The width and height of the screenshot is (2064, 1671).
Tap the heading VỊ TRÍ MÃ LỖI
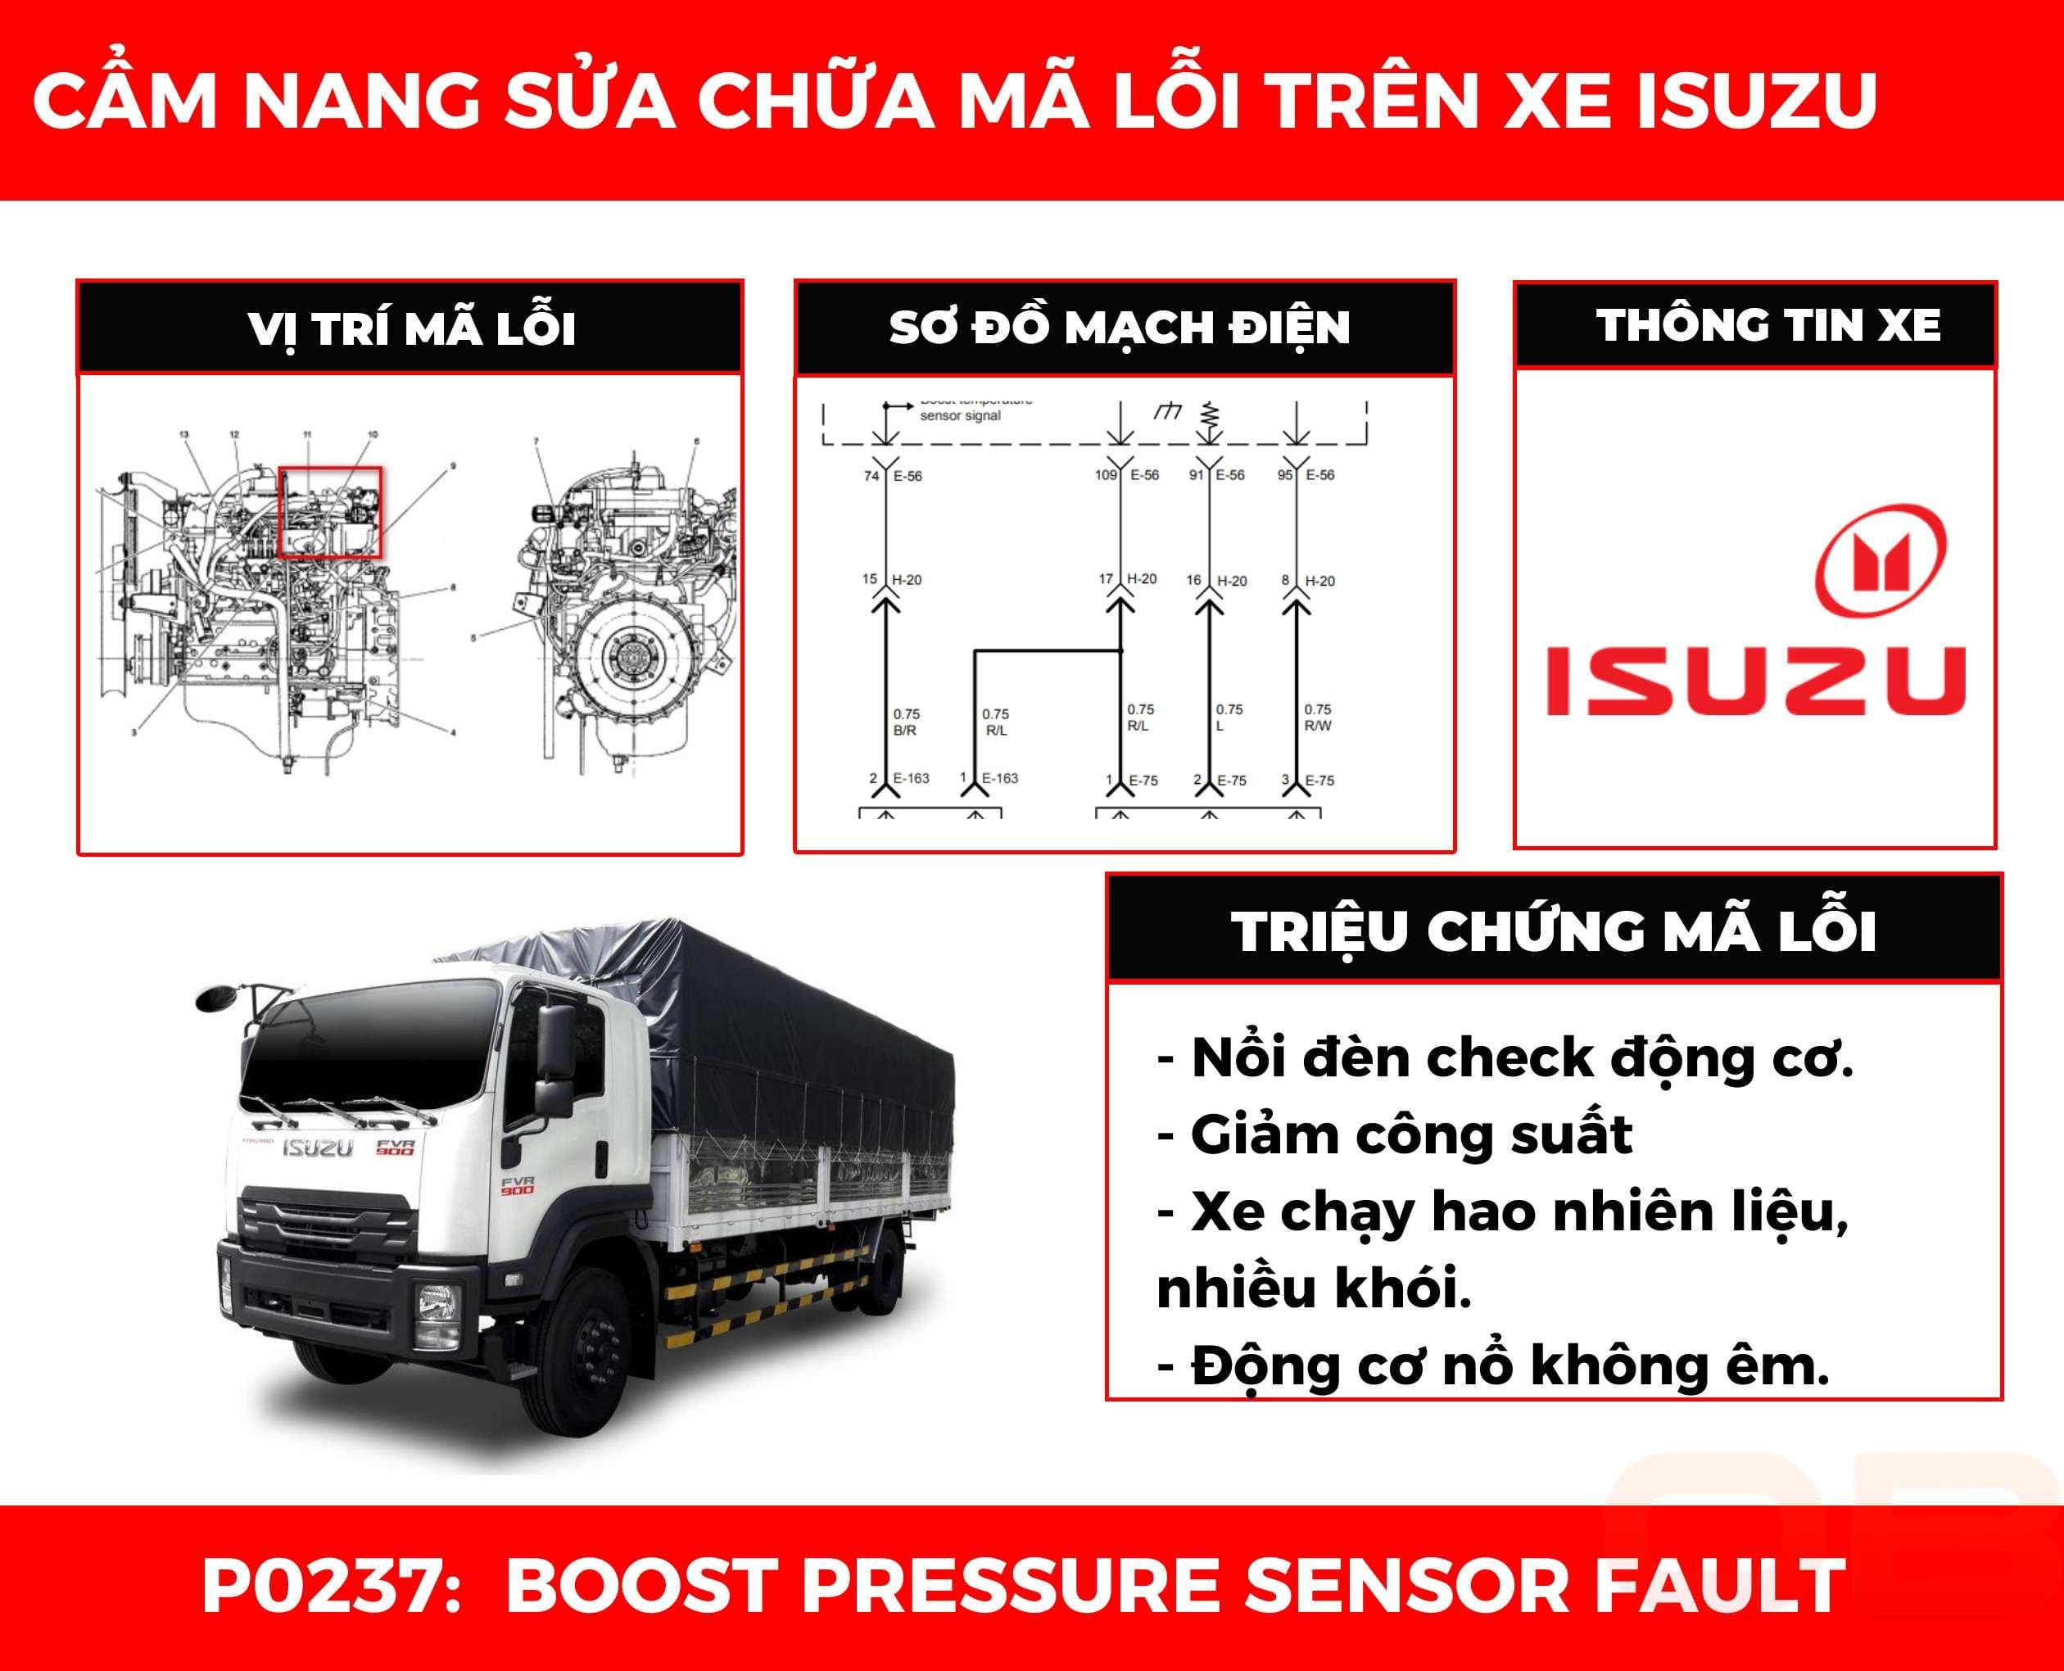[x=412, y=328]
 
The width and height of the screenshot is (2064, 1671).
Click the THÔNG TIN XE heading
[x=1768, y=325]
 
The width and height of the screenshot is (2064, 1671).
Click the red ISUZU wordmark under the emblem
[x=1755, y=681]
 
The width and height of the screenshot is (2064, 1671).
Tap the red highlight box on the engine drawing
[x=330, y=512]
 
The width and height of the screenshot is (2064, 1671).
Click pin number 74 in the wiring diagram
[x=871, y=476]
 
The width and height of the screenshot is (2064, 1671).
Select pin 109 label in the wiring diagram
[x=1106, y=474]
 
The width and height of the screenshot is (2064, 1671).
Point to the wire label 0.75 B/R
[x=906, y=722]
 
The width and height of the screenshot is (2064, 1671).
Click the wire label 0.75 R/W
[x=1317, y=717]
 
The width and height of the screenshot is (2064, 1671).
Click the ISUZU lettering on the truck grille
[x=319, y=1148]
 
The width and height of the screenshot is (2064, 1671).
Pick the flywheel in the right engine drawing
[x=635, y=658]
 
